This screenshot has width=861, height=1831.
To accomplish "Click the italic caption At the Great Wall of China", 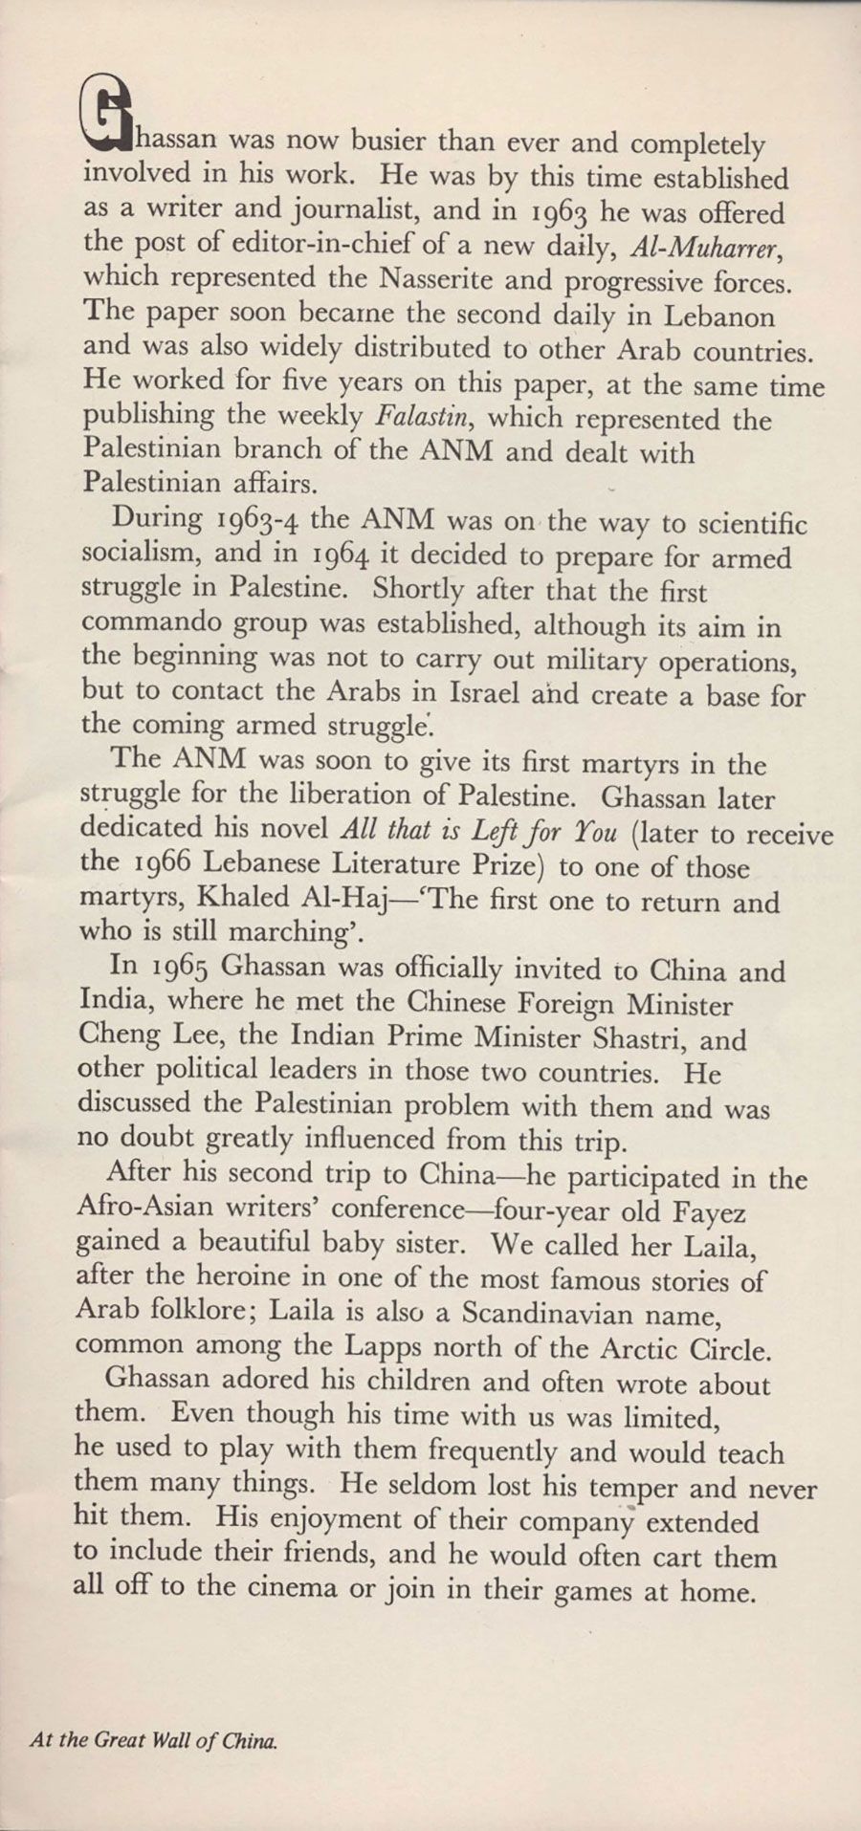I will [x=154, y=1741].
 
